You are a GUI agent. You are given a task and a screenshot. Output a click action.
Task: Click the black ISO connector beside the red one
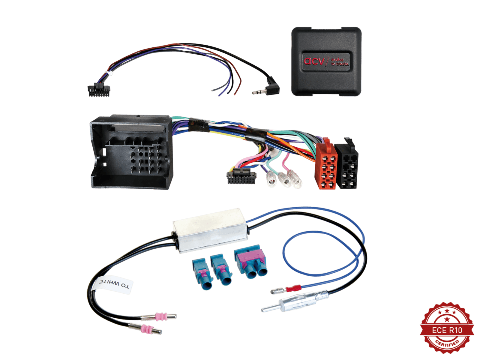pos(347,163)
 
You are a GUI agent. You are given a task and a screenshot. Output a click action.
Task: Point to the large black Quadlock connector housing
pos(131,152)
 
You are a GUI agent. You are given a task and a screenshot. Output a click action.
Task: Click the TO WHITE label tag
pos(114,285)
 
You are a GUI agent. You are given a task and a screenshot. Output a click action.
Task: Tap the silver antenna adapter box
pos(210,231)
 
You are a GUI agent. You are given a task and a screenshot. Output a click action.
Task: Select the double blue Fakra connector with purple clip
pos(250,264)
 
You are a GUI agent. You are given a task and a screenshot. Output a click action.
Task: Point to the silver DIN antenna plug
pos(295,301)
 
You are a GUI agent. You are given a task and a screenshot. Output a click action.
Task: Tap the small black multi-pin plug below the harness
pos(241,177)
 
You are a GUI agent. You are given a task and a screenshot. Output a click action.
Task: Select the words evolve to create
pos(340,61)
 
